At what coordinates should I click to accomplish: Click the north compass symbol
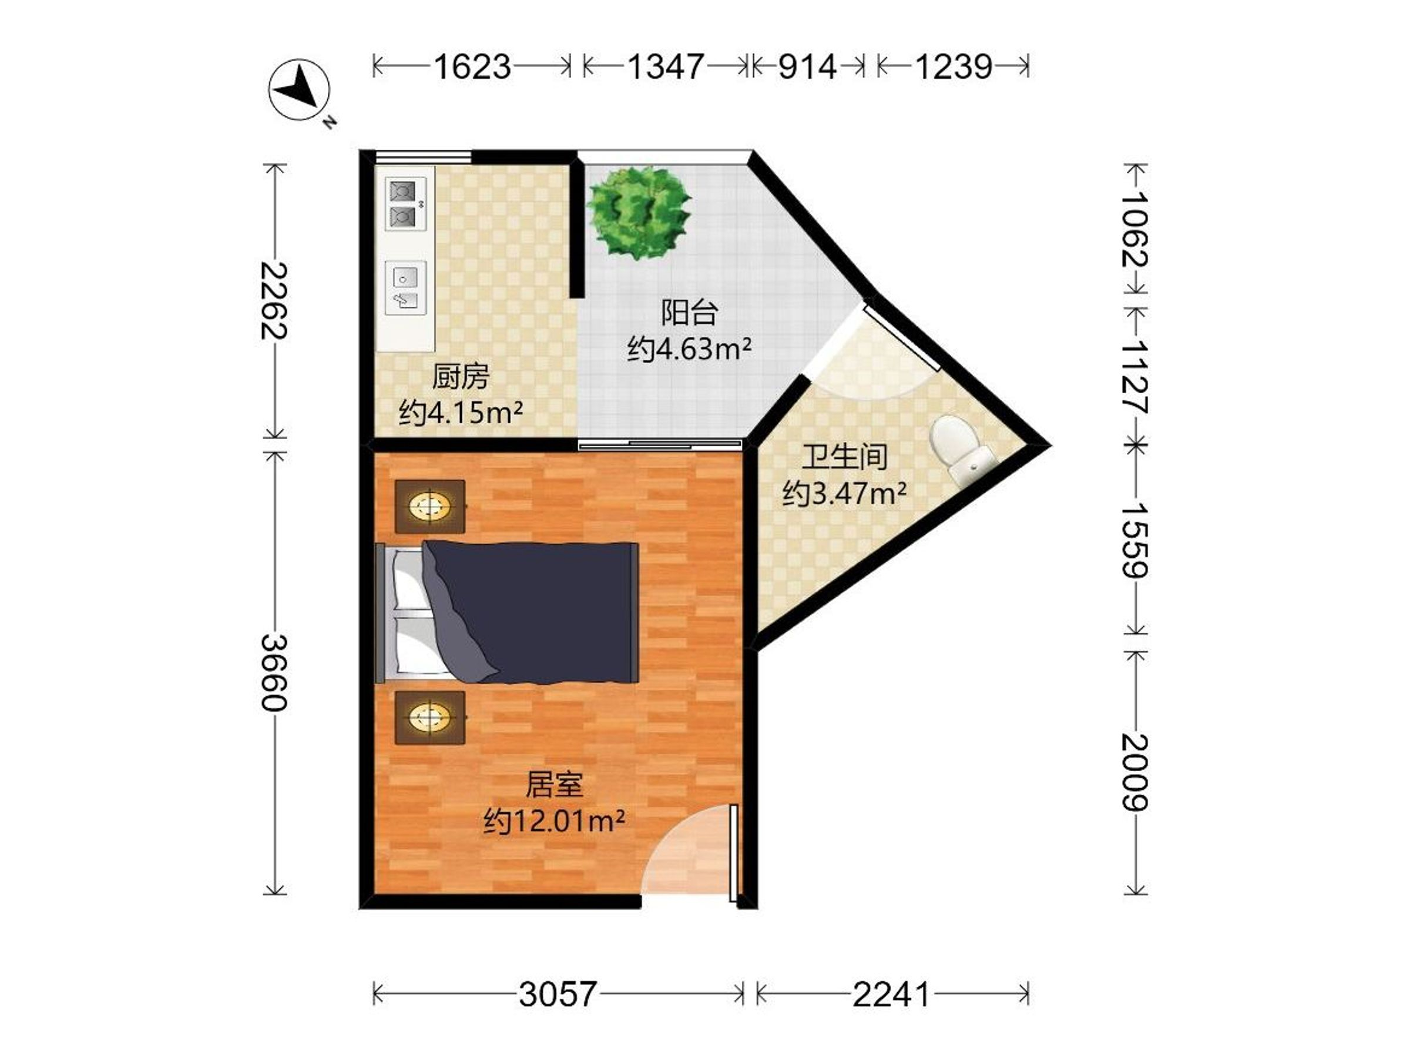point(298,90)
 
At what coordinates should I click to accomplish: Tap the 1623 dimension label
point(472,66)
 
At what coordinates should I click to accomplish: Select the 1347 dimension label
point(666,66)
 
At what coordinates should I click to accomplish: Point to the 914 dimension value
point(807,66)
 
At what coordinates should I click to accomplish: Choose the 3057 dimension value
point(558,993)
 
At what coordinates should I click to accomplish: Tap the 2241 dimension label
point(892,993)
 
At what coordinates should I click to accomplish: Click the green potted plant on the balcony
point(639,212)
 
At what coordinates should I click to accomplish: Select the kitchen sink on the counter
point(406,287)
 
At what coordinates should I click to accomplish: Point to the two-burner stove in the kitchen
point(405,204)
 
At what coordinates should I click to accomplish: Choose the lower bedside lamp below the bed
point(430,718)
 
